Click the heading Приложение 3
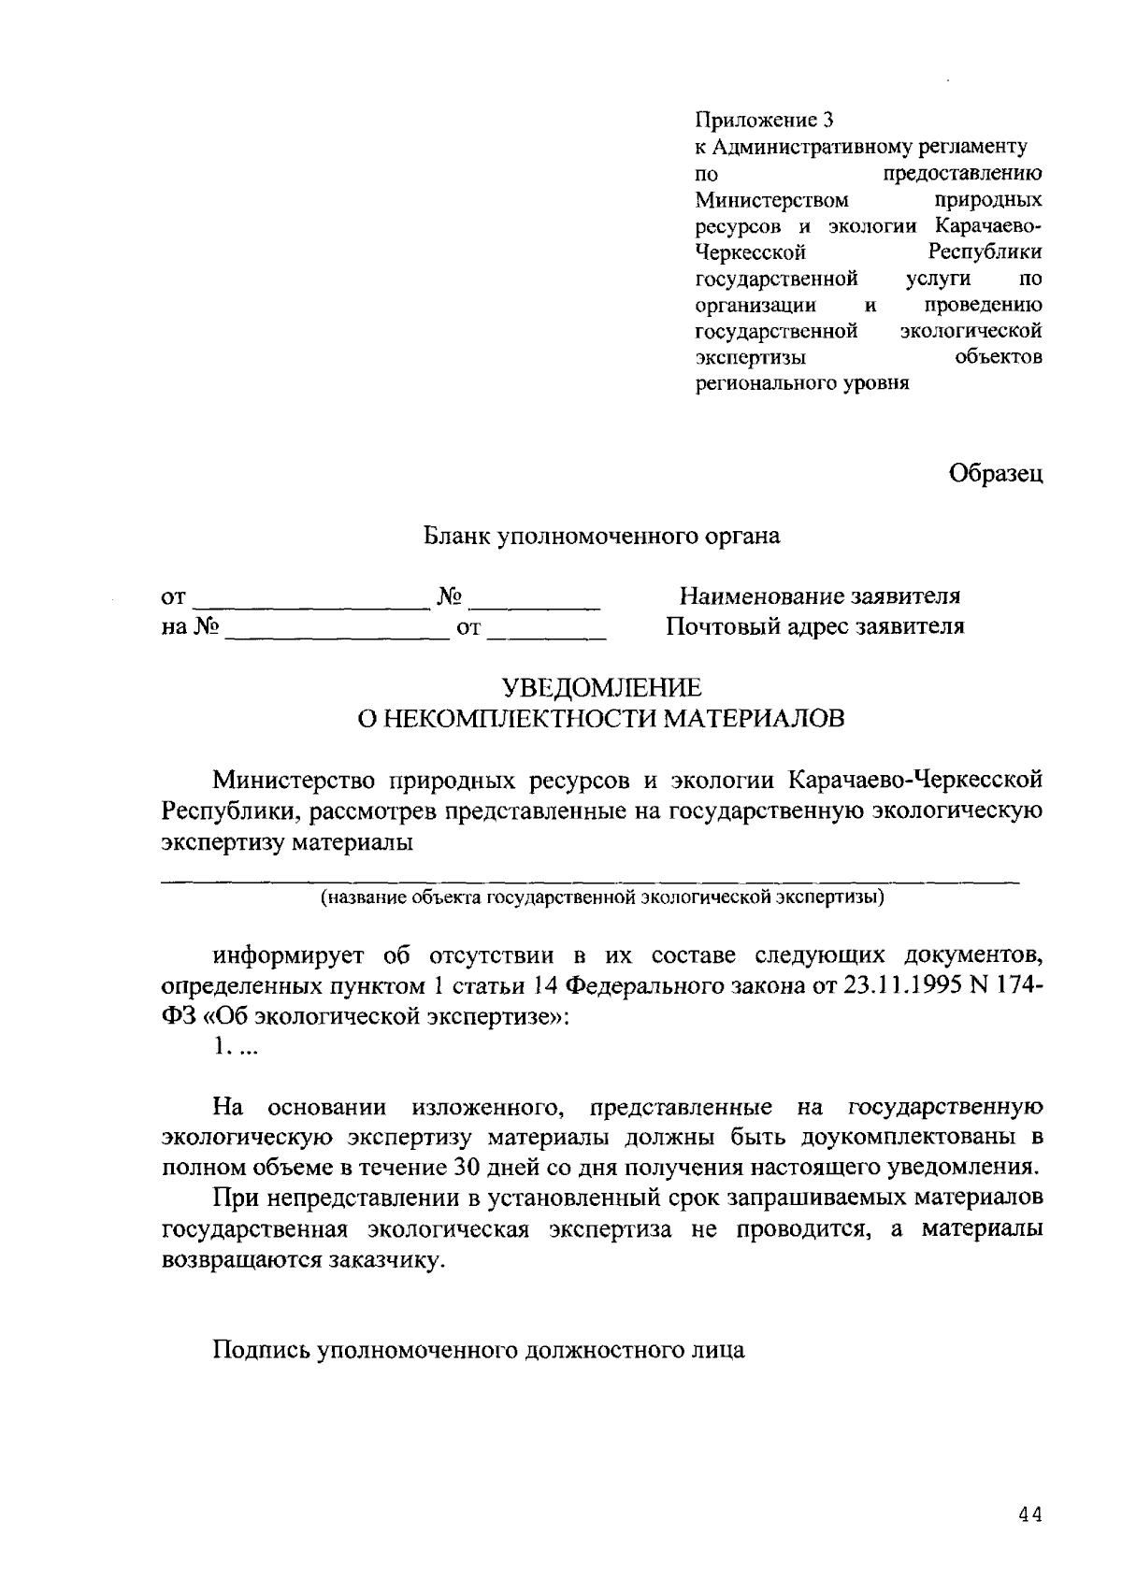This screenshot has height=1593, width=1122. pos(762,121)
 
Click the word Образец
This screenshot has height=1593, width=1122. pos(996,474)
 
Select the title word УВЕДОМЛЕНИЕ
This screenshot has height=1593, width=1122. pos(602,689)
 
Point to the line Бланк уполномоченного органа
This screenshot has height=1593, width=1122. pos(602,537)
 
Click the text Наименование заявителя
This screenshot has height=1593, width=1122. pos(819,596)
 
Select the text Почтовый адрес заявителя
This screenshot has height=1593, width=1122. pos(814,626)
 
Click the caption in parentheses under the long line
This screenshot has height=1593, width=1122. pos(602,898)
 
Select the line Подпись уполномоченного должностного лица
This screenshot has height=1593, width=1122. pos(479,1351)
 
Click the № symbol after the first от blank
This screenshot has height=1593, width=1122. pos(451,596)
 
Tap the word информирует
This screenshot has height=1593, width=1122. pos(289,957)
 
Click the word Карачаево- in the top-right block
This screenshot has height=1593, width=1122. pos(987,226)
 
